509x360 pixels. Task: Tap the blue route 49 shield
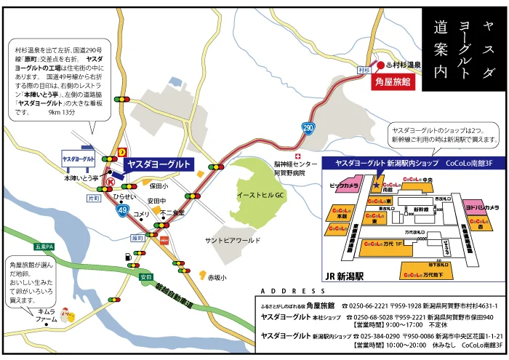(x=121, y=209)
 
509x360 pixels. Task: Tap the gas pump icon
(x=129, y=256)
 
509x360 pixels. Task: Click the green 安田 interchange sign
(x=146, y=277)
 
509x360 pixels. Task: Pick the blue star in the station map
(x=378, y=186)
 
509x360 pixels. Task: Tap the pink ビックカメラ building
(x=343, y=185)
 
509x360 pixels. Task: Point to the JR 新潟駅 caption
(x=348, y=276)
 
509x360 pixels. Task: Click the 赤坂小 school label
(x=217, y=278)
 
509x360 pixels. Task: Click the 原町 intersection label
(x=137, y=237)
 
